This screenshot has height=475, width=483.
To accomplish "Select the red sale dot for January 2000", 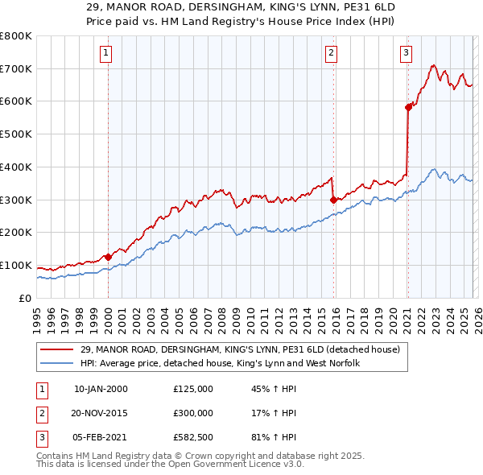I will pyautogui.click(x=108, y=257).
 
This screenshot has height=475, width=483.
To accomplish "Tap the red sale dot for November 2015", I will pyautogui.click(x=333, y=199).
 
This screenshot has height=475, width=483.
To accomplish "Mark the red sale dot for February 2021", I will pyautogui.click(x=408, y=106).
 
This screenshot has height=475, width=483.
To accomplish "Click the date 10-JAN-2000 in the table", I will pyautogui.click(x=100, y=389).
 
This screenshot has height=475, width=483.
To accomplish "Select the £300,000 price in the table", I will pyautogui.click(x=192, y=413).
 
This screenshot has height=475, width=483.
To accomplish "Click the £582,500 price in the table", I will pyautogui.click(x=192, y=437).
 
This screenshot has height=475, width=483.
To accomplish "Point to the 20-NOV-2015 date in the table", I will pyautogui.click(x=100, y=413).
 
